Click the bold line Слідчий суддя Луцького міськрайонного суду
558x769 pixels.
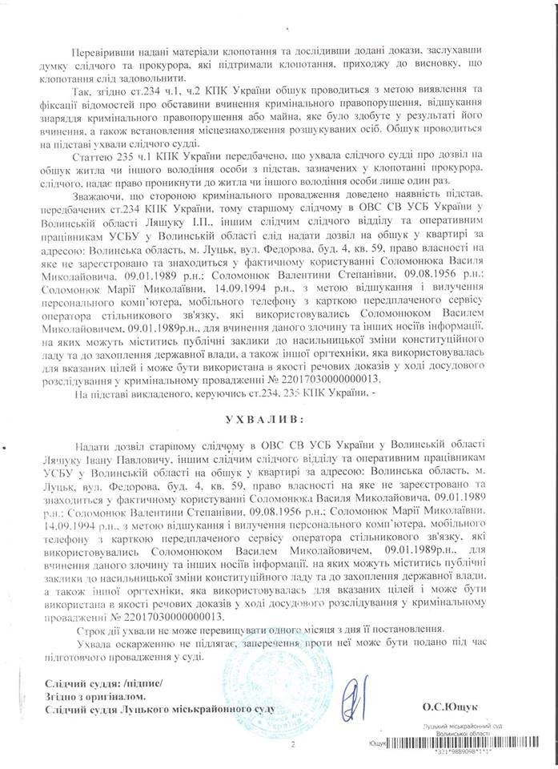159,709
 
